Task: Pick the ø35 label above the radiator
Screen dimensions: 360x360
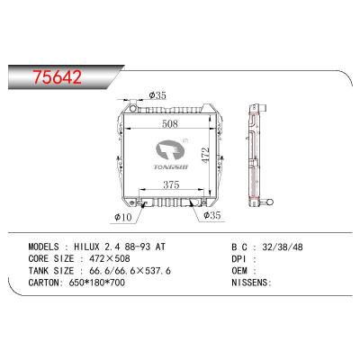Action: (x=156, y=94)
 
